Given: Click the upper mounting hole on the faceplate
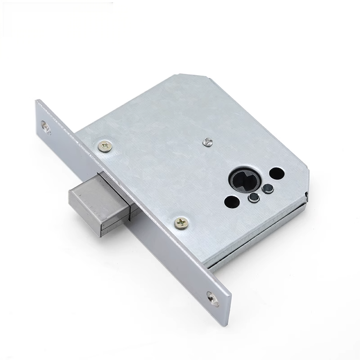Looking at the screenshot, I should [46, 126].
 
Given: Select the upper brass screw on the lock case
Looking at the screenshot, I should [105, 146].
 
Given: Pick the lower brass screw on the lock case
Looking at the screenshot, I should [181, 222].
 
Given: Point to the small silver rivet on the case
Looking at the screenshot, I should [207, 142].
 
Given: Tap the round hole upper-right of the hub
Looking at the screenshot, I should [277, 173].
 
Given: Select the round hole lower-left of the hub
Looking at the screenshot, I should [232, 202].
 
